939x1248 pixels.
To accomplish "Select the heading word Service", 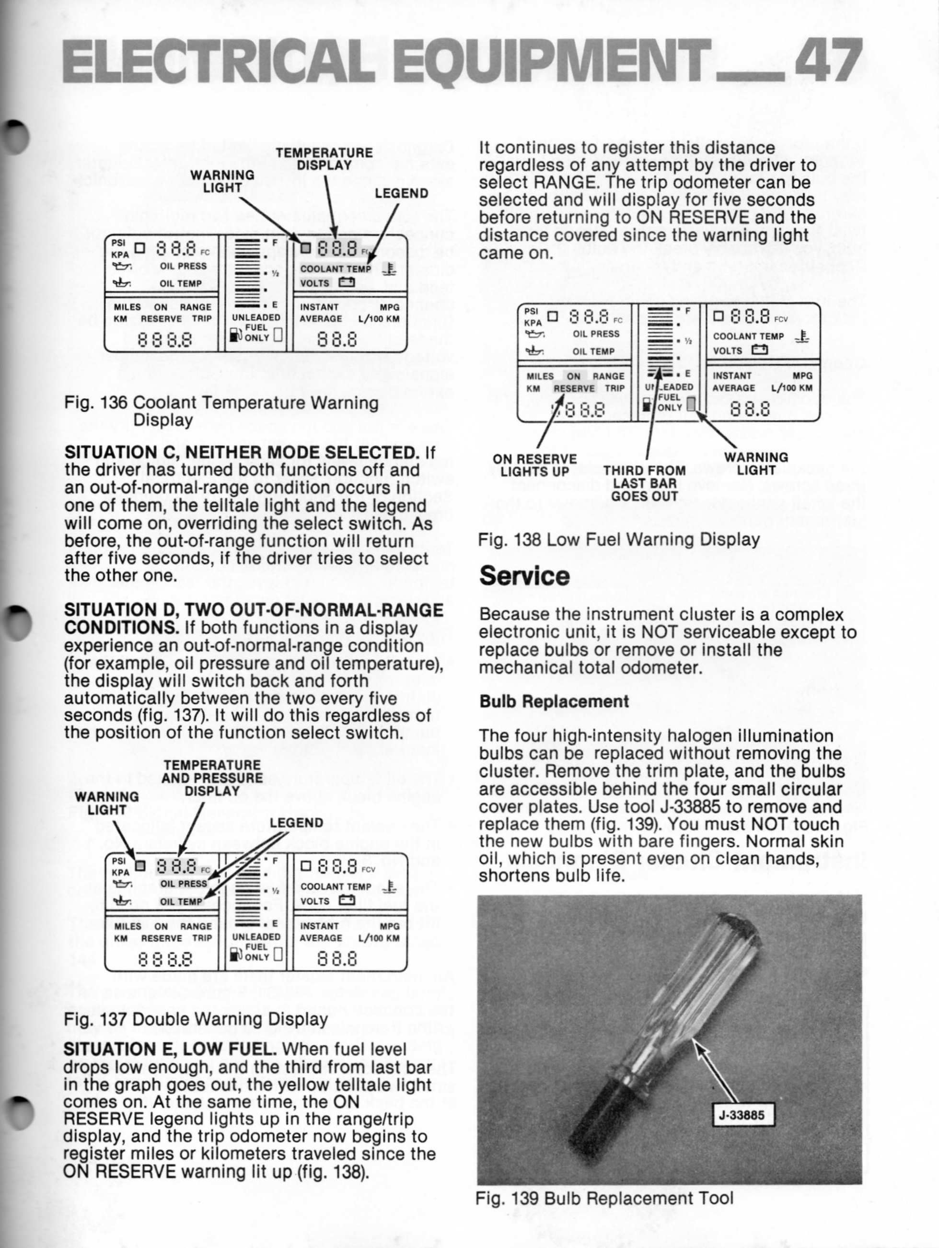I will click(x=524, y=576).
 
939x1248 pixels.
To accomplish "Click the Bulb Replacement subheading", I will click(x=553, y=701).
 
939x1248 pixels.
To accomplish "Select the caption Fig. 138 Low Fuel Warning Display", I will click(x=619, y=539).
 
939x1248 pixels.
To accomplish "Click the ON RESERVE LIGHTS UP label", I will click(x=534, y=466).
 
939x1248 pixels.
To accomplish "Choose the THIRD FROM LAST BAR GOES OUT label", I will click(x=644, y=483).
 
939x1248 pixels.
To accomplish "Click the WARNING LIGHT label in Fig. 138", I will click(x=756, y=463).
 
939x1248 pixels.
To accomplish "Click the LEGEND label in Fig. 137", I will click(x=296, y=823).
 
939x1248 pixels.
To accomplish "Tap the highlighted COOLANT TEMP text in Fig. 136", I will click(x=335, y=269).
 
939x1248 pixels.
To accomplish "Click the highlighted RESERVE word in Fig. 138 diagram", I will click(x=574, y=389).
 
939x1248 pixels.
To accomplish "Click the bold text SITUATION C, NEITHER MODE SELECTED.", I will click(x=243, y=453).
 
